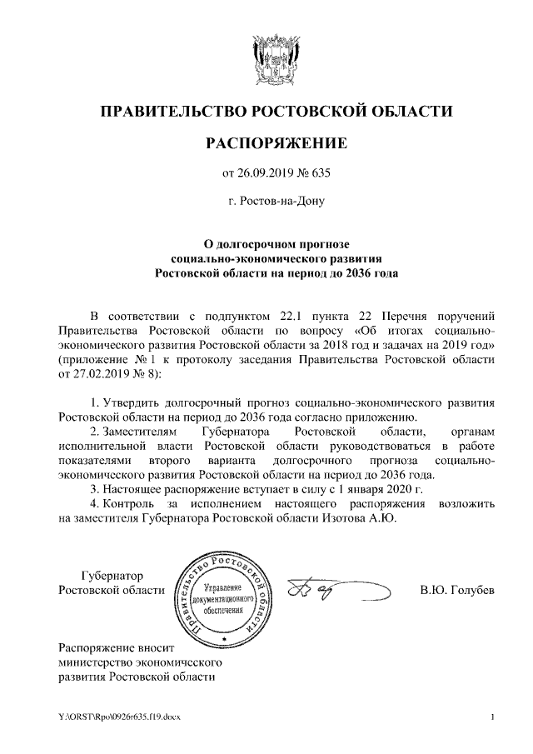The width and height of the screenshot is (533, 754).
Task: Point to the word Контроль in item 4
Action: tap(131, 502)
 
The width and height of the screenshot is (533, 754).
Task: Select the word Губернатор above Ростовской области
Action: tap(112, 576)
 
